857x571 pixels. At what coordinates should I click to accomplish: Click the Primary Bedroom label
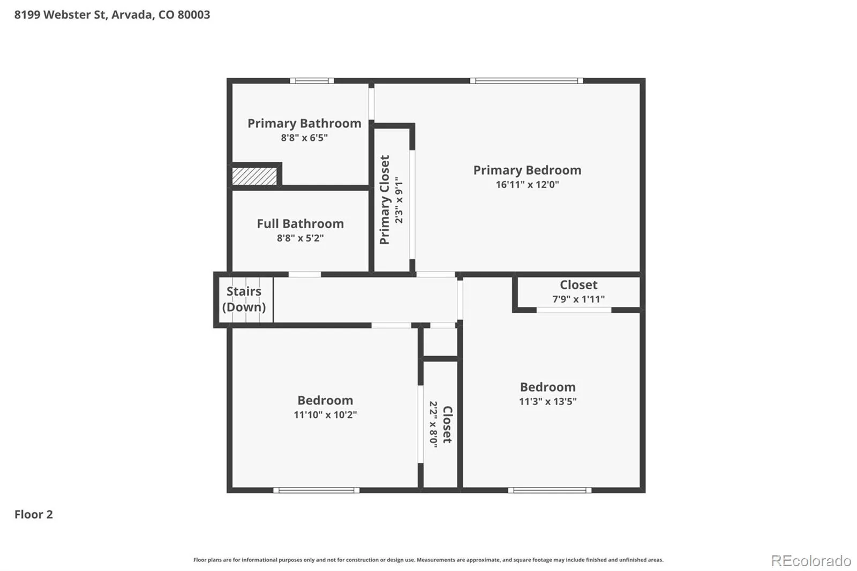(527, 170)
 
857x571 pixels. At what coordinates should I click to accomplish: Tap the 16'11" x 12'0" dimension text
(527, 184)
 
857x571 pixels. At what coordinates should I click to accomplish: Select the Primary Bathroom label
(304, 124)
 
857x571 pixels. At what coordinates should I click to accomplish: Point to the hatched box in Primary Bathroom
(254, 176)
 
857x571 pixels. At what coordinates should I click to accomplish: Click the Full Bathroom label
(300, 224)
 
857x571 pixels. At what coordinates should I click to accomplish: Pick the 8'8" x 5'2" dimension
(300, 238)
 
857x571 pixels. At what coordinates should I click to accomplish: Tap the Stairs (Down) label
(244, 299)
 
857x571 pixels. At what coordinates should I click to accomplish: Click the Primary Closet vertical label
(385, 200)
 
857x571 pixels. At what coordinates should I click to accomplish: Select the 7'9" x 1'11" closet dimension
(578, 299)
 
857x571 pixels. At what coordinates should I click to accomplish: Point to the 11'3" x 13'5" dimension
(547, 401)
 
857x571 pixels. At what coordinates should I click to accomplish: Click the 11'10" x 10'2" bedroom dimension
(325, 415)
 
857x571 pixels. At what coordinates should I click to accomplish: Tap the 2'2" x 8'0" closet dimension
(433, 424)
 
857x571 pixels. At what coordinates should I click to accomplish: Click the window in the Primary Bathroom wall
(312, 81)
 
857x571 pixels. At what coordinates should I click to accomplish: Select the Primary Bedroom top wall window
(527, 81)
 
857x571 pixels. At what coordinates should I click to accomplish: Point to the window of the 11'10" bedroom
(317, 490)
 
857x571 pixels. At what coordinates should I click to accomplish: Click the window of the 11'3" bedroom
(550, 490)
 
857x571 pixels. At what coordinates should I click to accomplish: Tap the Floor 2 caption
(34, 514)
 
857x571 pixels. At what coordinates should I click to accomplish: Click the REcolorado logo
(811, 561)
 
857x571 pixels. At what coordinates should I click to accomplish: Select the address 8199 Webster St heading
(112, 14)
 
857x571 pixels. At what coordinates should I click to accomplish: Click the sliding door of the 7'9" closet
(574, 310)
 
